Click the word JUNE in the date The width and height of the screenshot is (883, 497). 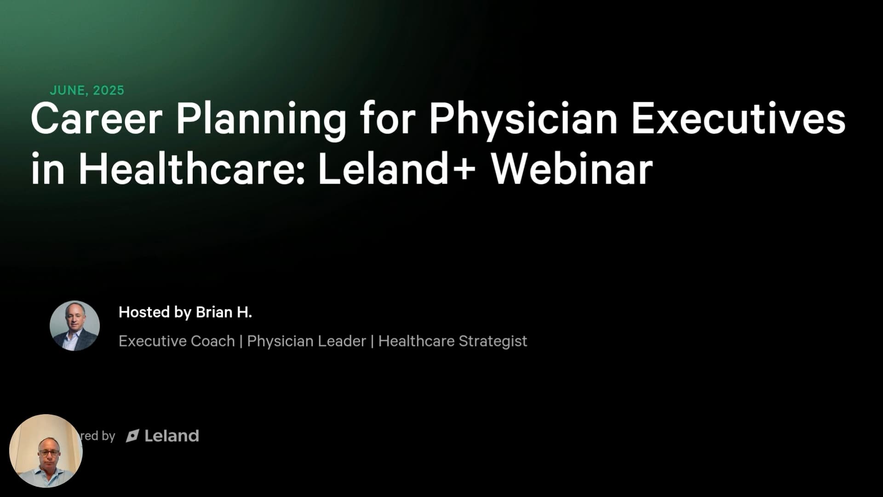pyautogui.click(x=67, y=91)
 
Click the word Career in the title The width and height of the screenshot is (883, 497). pyautogui.click(x=97, y=119)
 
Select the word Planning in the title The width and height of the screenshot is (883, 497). pyautogui.click(x=261, y=121)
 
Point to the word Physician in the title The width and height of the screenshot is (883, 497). pyautogui.click(x=523, y=121)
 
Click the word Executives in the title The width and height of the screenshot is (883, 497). pyautogui.click(x=738, y=119)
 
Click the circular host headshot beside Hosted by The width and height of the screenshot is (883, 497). pyautogui.click(x=75, y=326)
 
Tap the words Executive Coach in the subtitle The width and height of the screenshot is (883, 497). pyautogui.click(x=177, y=341)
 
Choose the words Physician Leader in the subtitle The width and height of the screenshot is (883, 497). pyautogui.click(x=306, y=341)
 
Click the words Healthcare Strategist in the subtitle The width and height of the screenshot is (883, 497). pyautogui.click(x=453, y=341)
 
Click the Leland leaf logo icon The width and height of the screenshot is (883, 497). pyautogui.click(x=132, y=436)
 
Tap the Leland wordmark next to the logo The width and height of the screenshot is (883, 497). pyautogui.click(x=172, y=436)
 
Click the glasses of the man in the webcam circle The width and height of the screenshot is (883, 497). pyautogui.click(x=49, y=453)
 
